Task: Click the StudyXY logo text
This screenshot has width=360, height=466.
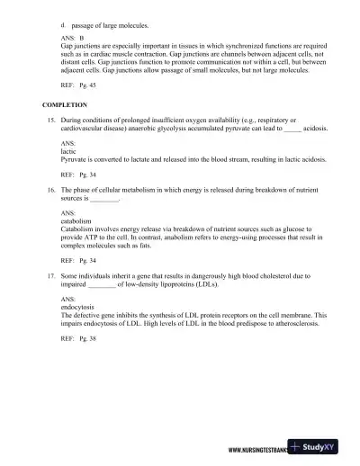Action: click(332, 450)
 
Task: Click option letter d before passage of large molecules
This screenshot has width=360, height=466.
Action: click(62, 24)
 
